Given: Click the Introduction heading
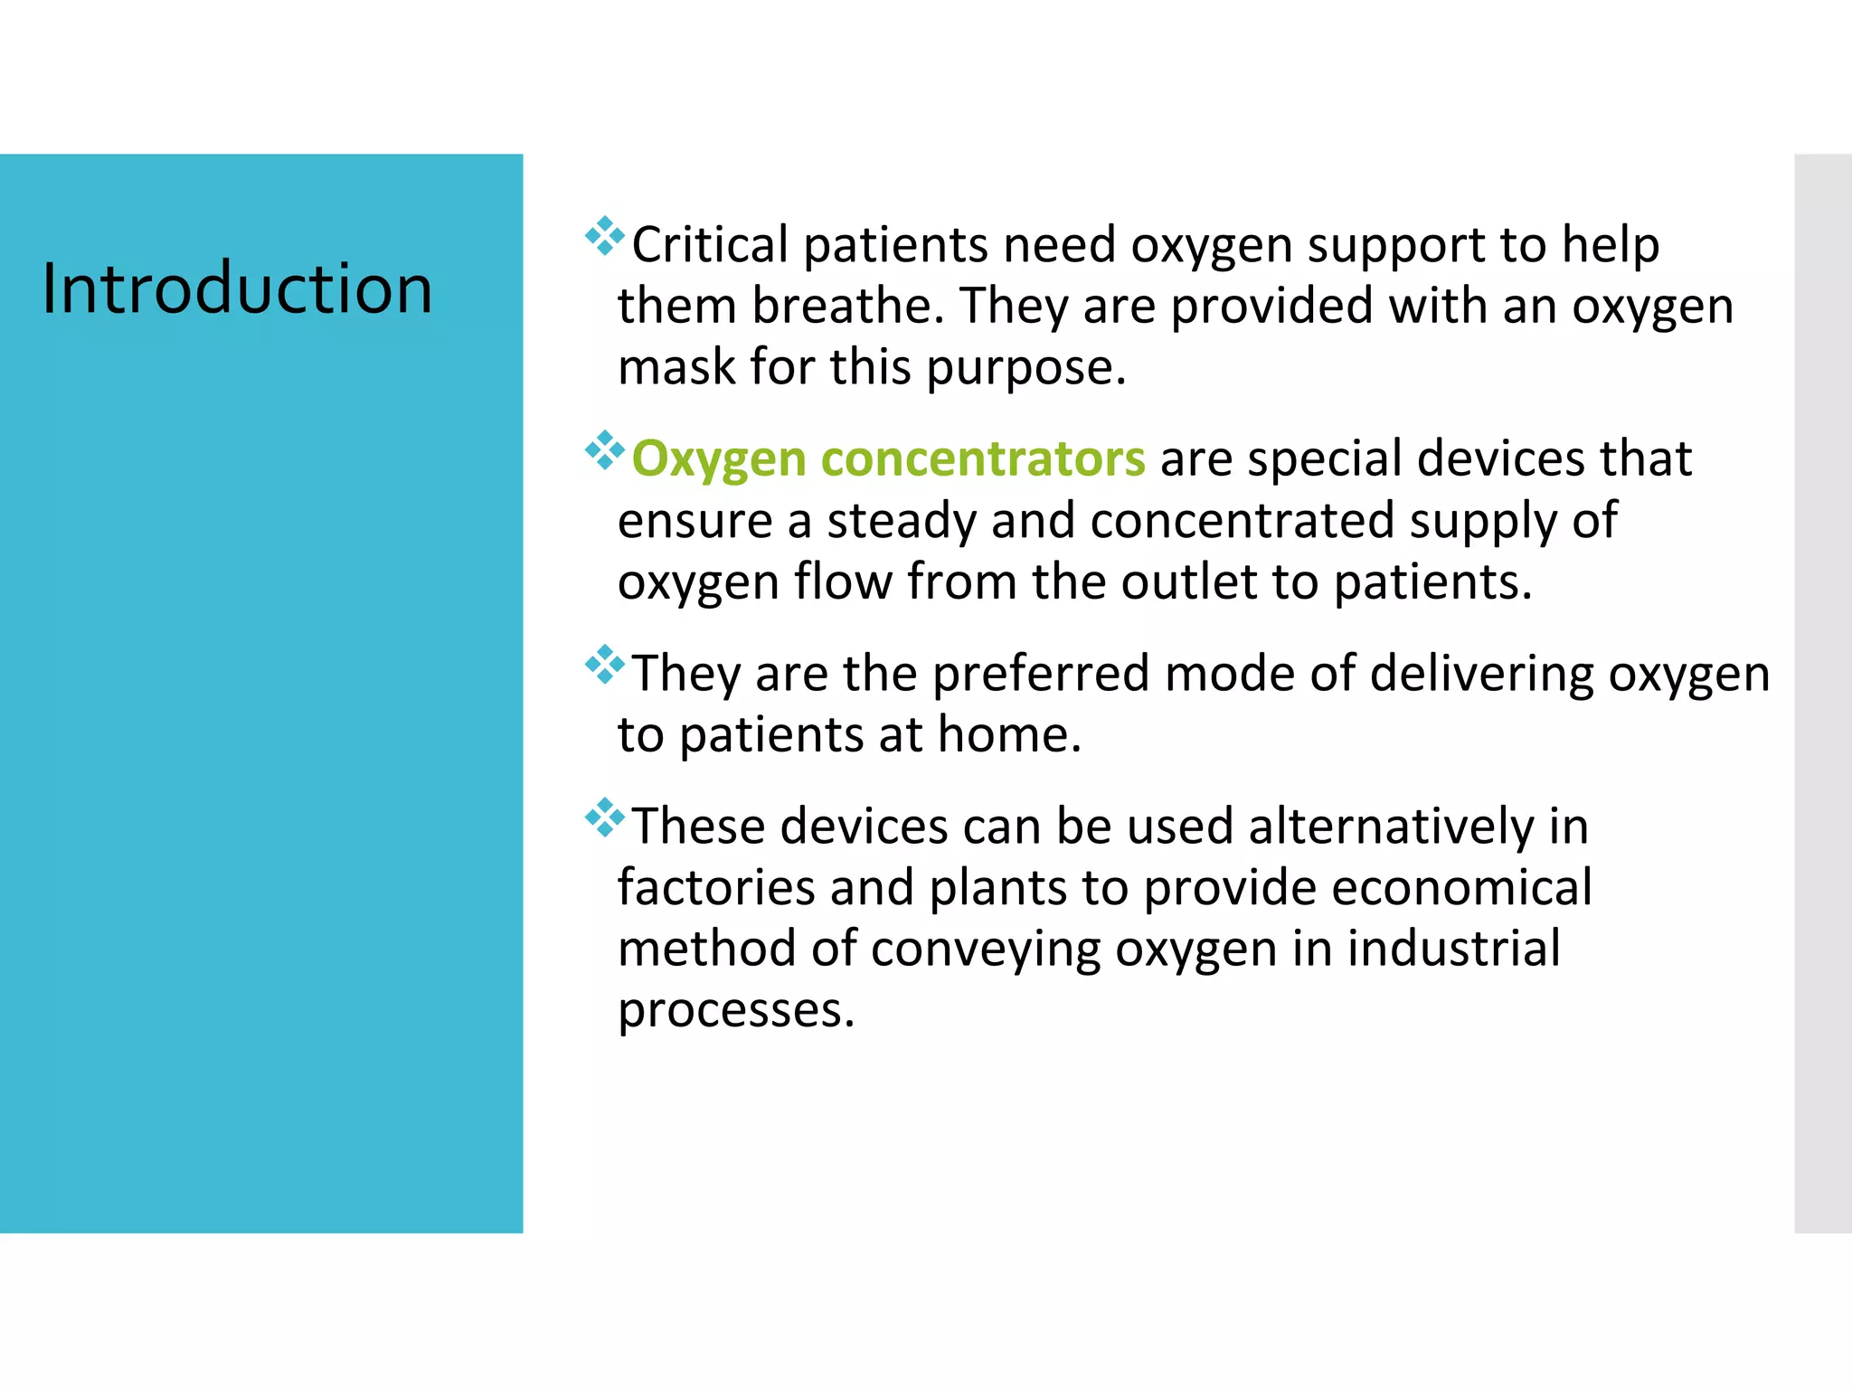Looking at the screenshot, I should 237,288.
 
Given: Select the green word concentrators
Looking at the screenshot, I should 983,459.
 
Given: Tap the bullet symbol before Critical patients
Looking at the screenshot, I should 604,237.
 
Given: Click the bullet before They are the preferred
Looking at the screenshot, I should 604,666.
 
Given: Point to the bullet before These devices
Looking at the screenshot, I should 604,818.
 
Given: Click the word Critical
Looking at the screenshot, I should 710,245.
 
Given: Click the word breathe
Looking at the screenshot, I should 848,306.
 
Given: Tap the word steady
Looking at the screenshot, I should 901,521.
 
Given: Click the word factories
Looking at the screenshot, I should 716,887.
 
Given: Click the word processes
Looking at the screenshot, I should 735,1010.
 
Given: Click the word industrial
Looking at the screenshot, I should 1453,949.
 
